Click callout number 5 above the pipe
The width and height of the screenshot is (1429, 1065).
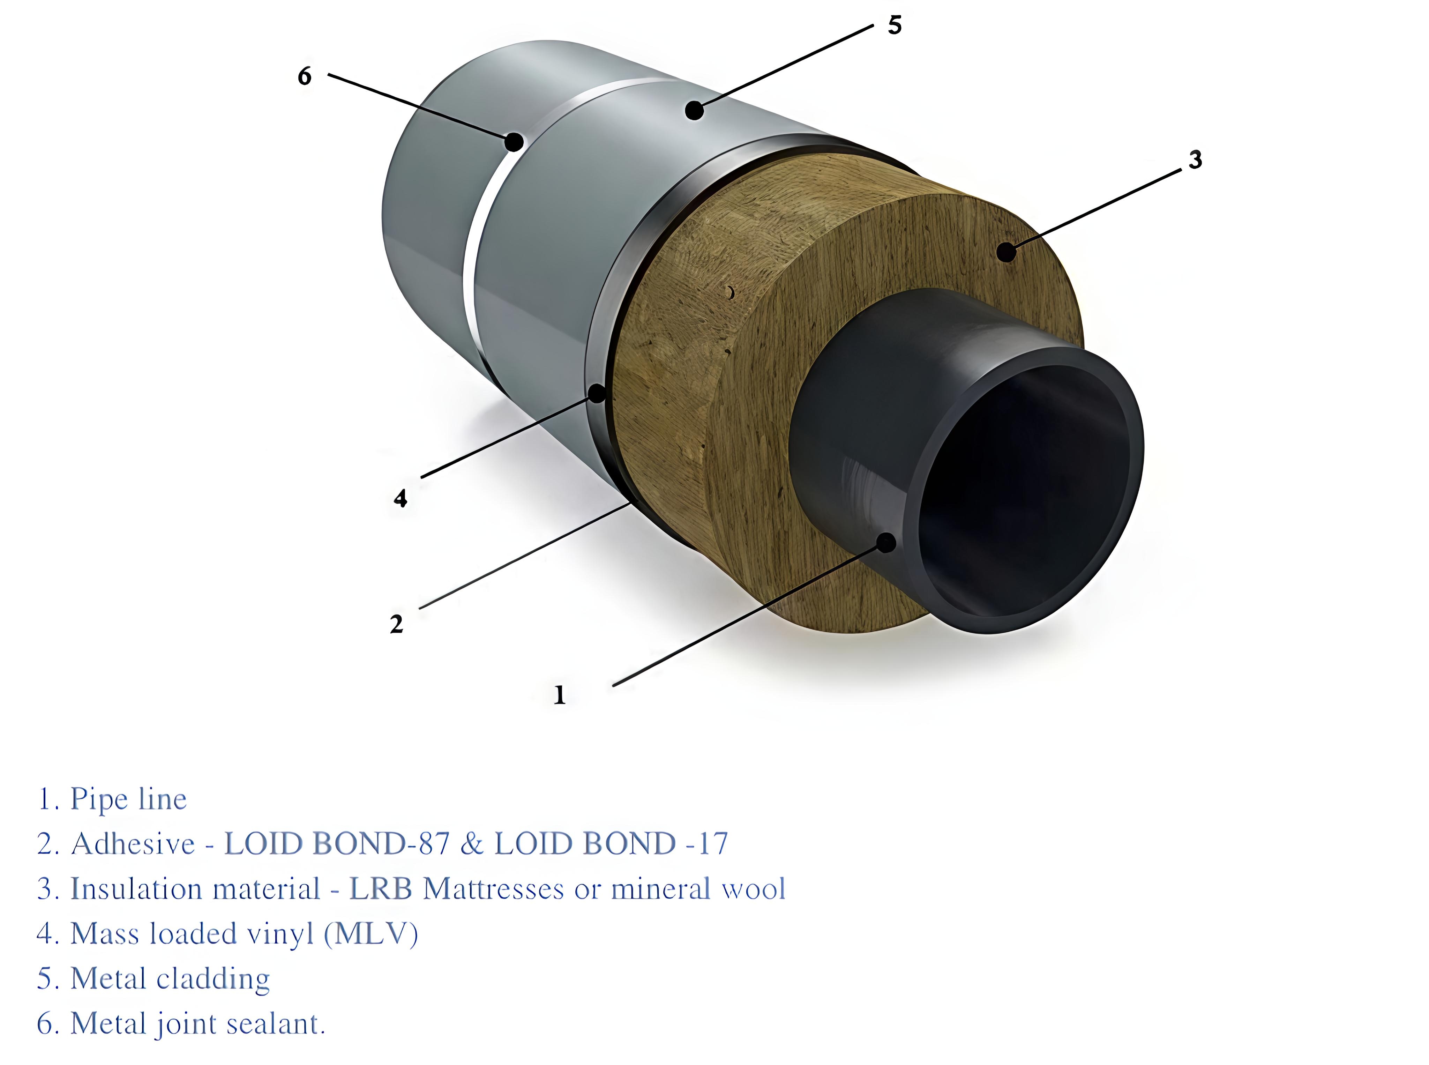[x=894, y=25]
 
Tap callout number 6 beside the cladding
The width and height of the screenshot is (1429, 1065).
[x=304, y=76]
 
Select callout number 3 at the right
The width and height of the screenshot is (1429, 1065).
[x=1195, y=159]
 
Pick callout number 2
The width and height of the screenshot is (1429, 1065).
[x=396, y=623]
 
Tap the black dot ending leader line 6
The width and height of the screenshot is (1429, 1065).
[x=514, y=142]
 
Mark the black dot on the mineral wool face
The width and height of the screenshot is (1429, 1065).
[x=1006, y=252]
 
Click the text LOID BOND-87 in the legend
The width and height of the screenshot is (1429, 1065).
[x=336, y=844]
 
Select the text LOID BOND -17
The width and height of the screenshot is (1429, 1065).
[x=611, y=844]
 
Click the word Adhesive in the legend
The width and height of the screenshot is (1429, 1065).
[x=133, y=844]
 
